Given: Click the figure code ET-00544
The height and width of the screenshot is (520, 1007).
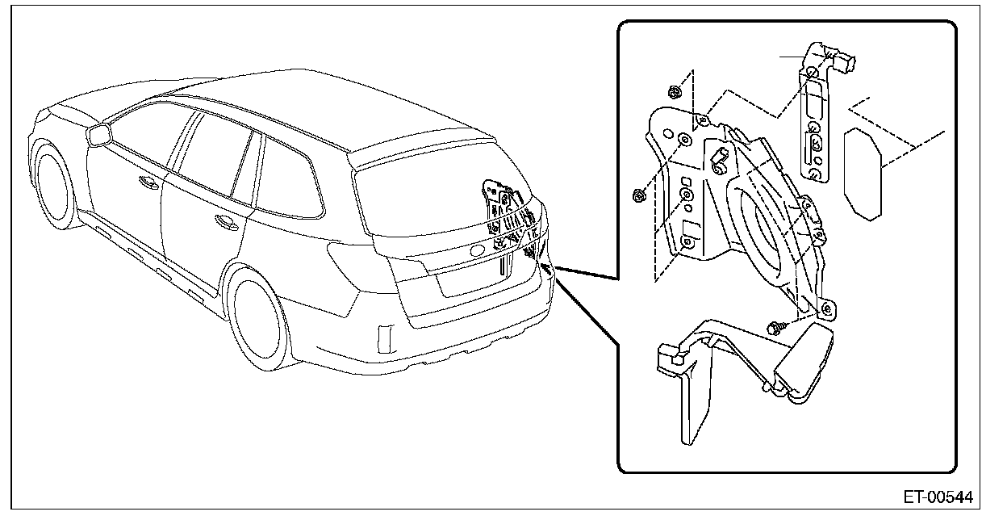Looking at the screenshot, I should click(x=938, y=495).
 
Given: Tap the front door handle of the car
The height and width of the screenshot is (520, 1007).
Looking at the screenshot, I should click(x=148, y=181).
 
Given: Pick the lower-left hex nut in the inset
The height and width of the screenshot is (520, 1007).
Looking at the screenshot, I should click(x=637, y=194).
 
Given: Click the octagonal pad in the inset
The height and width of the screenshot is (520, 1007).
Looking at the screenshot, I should click(x=863, y=173).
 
